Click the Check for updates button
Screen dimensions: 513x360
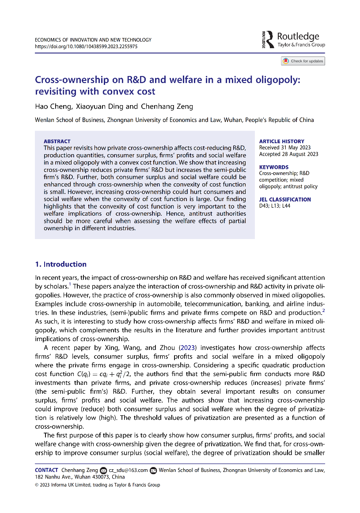(303, 61)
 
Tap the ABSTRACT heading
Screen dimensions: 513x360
(57, 141)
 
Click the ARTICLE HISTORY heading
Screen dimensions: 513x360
(281, 141)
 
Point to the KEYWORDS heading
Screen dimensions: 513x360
(273, 167)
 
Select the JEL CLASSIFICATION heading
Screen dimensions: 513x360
(285, 199)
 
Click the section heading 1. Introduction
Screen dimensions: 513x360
(61, 264)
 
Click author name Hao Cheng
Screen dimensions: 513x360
(48, 106)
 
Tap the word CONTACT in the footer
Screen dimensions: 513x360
(46, 470)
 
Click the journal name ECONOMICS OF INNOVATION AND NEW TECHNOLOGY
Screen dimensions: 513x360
(93, 40)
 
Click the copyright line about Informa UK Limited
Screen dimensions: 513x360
(97, 485)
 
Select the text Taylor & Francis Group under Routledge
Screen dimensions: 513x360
(301, 45)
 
